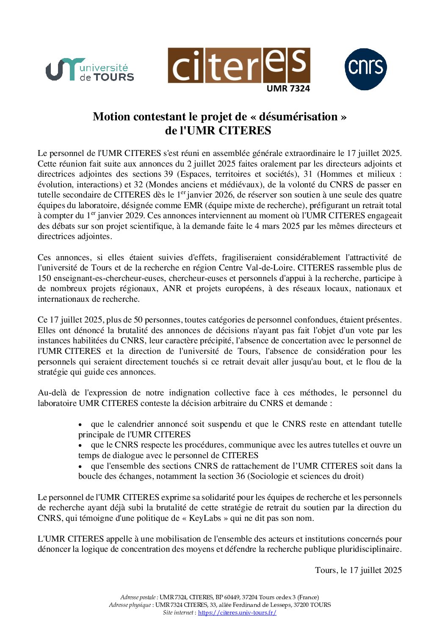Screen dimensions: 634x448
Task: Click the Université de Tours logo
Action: point(90,70)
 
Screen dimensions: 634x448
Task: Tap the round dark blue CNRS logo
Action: point(365,69)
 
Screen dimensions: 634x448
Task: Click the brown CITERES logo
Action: point(239,65)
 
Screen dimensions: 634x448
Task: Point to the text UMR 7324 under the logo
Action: point(288,88)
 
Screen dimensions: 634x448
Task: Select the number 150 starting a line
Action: point(44,278)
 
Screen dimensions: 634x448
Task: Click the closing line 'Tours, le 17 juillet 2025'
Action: point(358,570)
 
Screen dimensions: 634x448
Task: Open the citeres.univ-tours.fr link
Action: point(237,613)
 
